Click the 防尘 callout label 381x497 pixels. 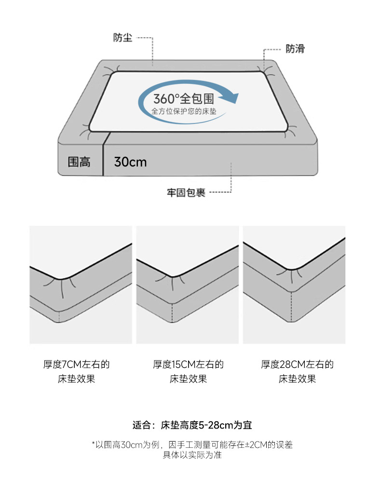122,38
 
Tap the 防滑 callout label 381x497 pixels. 295,49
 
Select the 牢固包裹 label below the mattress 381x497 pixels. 186,192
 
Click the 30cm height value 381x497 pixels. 130,162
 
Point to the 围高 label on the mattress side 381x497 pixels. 79,162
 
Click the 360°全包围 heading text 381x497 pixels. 184,98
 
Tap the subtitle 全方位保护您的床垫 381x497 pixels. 184,111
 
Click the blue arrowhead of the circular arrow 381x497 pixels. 231,97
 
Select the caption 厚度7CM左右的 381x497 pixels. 77,364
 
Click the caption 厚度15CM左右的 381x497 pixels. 188,364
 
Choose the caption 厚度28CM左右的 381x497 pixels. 297,364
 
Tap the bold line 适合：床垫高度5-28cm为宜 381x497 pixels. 192,425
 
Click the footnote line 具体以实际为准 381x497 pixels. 192,455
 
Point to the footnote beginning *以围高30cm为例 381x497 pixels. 192,445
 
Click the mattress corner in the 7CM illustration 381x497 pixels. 60,279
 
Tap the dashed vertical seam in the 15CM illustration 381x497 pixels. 172,313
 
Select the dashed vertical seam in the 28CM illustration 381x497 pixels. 291,307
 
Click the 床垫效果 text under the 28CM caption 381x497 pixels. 297,379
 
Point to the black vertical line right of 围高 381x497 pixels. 103,154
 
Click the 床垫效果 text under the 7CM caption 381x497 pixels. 77,379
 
